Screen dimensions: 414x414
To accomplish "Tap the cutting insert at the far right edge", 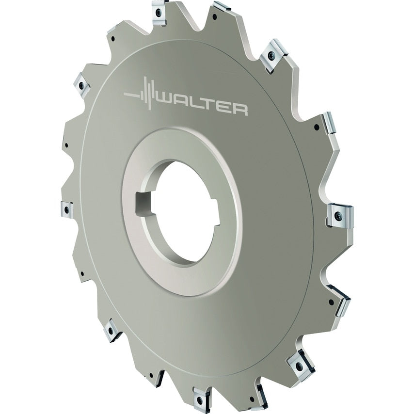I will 339,215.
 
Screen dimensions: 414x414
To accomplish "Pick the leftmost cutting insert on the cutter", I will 65,210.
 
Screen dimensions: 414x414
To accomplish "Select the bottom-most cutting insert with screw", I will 199,397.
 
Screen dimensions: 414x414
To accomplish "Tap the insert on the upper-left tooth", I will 81,86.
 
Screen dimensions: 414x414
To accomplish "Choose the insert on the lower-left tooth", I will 112,330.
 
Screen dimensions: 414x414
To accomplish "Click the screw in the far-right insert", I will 338,215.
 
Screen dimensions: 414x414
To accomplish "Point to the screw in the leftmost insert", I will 64,210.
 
